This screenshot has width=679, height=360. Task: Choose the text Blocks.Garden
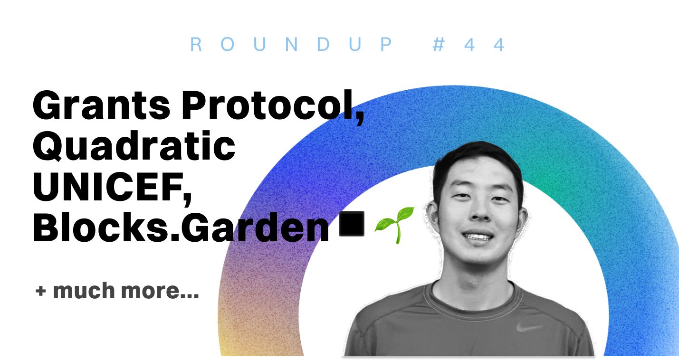181,227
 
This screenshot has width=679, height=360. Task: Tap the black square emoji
352,224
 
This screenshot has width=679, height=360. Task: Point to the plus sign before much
41,291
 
